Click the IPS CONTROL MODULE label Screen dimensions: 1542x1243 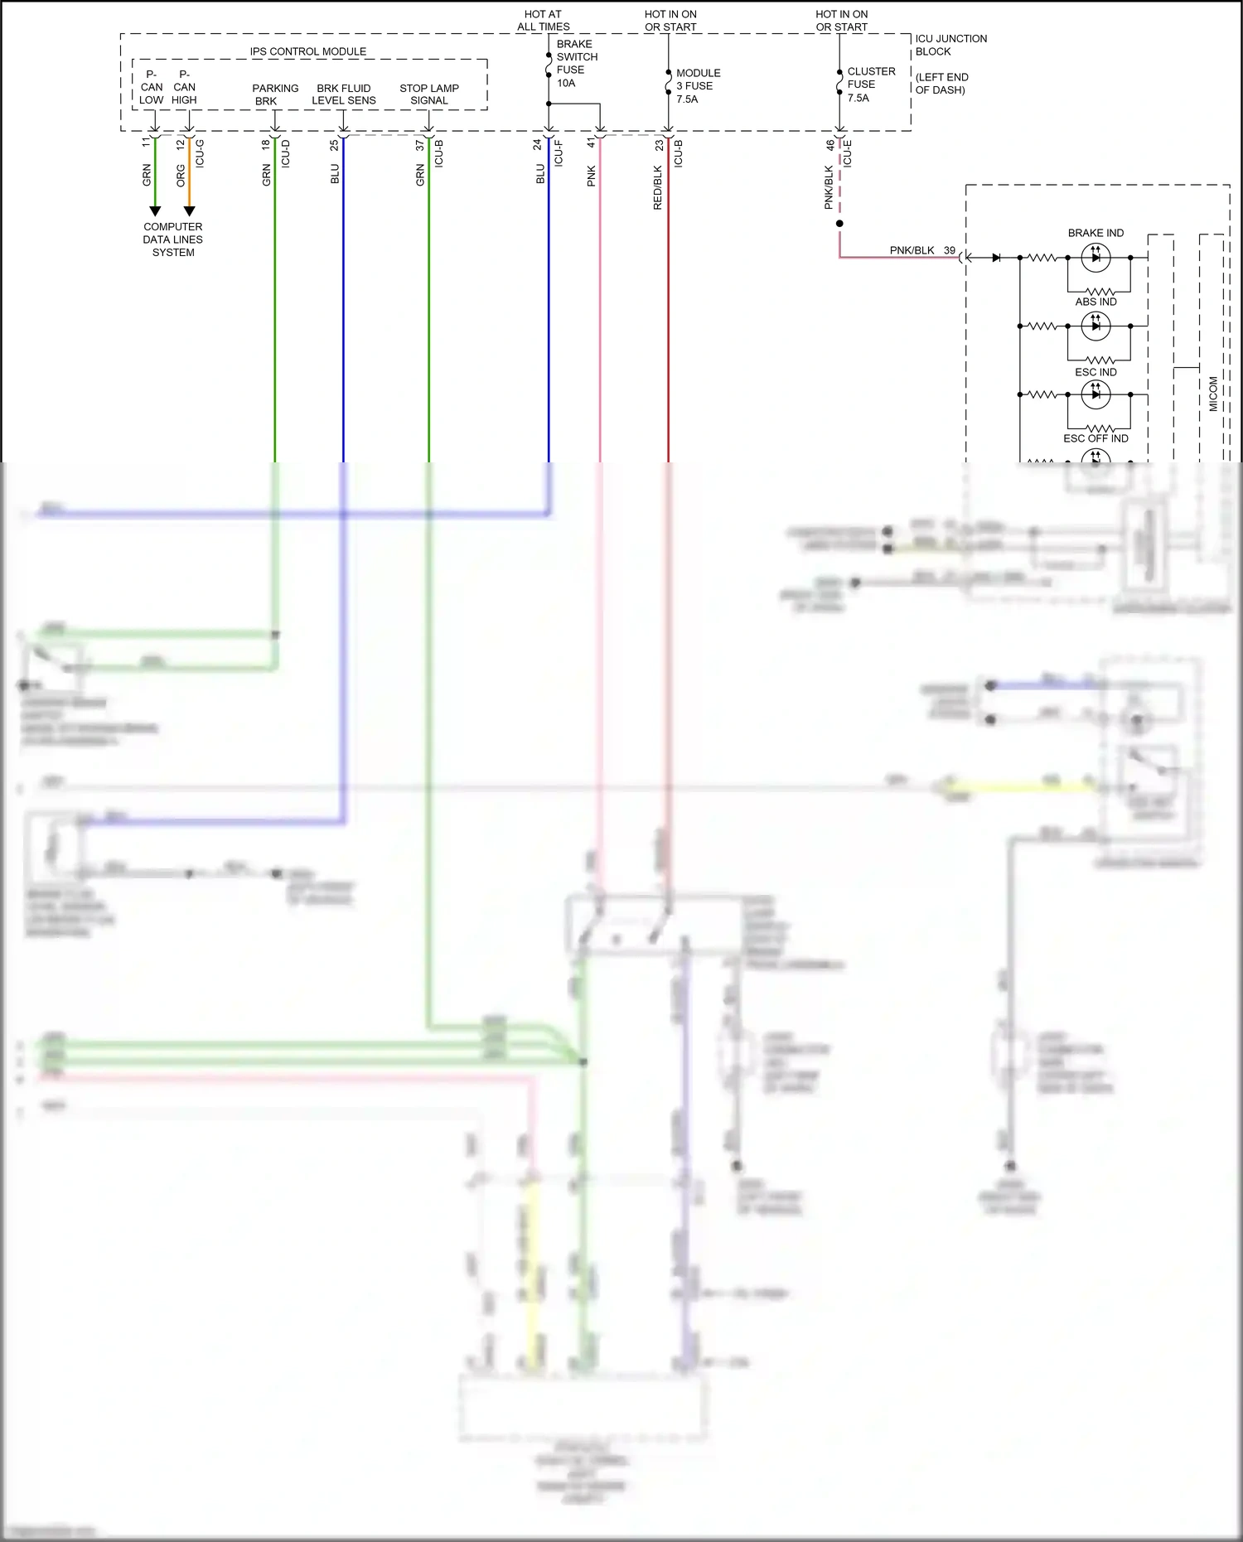tap(307, 51)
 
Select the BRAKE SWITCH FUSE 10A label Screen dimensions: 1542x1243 tap(576, 64)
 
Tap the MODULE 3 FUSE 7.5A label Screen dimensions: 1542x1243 tap(698, 86)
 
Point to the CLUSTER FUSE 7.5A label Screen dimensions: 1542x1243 tap(870, 85)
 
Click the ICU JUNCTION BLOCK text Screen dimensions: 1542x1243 tap(950, 45)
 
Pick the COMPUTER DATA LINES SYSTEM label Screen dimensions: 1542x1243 tap(172, 239)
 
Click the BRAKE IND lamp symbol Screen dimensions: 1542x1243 tap(1095, 258)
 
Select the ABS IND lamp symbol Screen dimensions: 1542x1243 tap(1095, 326)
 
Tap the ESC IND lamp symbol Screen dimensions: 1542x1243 tap(1095, 394)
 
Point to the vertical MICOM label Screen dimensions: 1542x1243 tap(1213, 394)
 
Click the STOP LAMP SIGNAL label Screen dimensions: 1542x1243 tap(428, 94)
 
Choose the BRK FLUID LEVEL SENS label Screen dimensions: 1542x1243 tap(343, 94)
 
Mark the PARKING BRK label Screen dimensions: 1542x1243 tap(274, 94)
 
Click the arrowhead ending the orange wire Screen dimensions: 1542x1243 tap(189, 211)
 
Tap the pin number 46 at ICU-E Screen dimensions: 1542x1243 tap(830, 144)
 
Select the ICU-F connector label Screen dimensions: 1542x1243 tap(559, 153)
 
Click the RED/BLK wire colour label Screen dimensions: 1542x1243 tap(658, 187)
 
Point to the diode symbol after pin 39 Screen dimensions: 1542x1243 tap(996, 258)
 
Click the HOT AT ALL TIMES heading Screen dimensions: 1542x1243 tap(543, 21)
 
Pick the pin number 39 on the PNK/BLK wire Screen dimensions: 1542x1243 tap(950, 250)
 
